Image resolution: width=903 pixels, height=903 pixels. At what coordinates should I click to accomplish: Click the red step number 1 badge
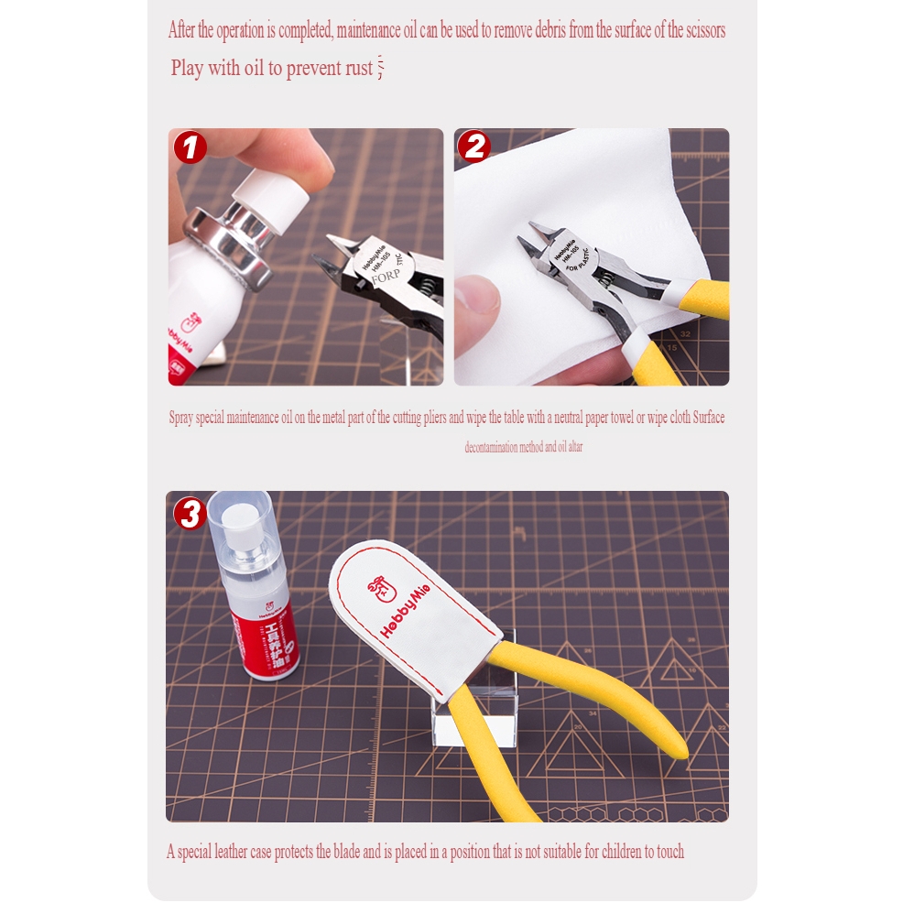190,147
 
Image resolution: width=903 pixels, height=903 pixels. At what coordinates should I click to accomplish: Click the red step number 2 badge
473,147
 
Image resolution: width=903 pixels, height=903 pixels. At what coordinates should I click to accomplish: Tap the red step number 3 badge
190,514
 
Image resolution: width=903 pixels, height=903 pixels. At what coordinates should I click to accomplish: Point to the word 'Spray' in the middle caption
182,419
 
